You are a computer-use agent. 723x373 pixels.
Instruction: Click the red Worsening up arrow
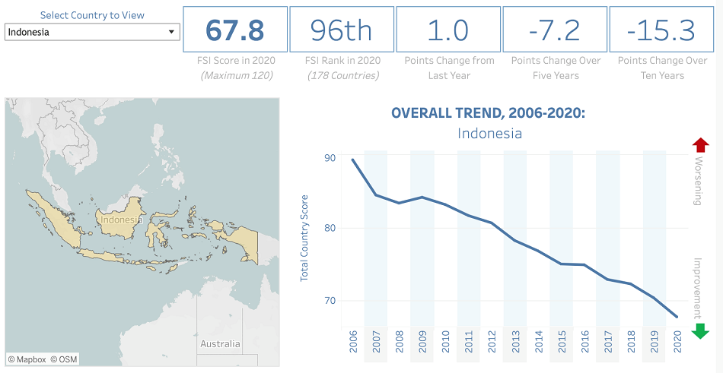click(700, 146)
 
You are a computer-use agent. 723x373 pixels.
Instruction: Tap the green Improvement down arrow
click(700, 330)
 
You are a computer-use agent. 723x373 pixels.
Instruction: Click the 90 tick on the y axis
click(330, 158)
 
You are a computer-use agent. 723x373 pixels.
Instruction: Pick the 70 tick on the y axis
click(330, 301)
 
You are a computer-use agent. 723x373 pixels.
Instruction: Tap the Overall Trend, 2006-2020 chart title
click(488, 113)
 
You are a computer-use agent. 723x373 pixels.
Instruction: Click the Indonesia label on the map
click(121, 220)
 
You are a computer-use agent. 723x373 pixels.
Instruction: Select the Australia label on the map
click(220, 344)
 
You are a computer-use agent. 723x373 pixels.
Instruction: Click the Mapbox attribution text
click(27, 359)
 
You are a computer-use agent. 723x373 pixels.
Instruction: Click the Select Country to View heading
click(92, 15)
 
